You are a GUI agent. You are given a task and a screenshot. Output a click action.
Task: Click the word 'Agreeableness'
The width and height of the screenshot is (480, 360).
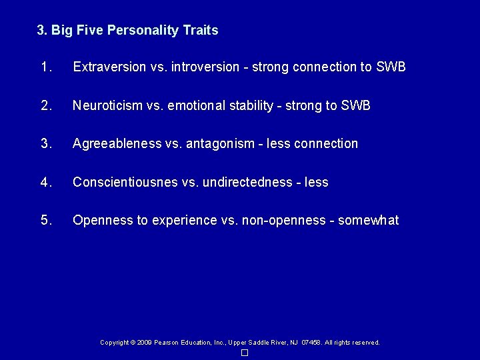click(x=117, y=144)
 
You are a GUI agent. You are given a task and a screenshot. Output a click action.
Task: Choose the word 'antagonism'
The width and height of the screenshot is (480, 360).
click(x=214, y=144)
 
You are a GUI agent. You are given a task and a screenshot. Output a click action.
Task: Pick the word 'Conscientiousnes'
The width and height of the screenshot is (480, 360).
click(x=125, y=182)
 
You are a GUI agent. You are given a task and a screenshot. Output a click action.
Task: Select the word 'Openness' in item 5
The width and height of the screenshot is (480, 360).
click(x=99, y=221)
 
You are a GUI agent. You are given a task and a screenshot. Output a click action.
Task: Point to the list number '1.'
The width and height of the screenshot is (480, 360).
click(x=46, y=67)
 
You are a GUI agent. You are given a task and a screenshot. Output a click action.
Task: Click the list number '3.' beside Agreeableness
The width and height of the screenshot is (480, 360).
click(x=46, y=144)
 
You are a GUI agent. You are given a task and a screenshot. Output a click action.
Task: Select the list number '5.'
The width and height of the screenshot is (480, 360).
click(x=46, y=221)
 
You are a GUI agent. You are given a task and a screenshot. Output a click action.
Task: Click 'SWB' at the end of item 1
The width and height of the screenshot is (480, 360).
click(x=391, y=67)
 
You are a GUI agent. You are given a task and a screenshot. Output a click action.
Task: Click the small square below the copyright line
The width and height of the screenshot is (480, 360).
click(x=245, y=352)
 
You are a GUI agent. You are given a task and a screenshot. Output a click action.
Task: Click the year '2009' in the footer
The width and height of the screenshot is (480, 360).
click(x=144, y=343)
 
